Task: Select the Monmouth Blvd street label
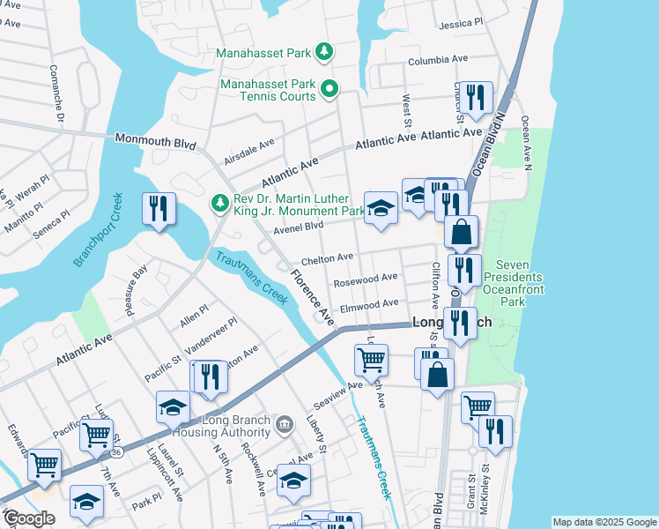(x=152, y=139)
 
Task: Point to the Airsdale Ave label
(x=249, y=147)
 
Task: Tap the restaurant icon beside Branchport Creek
(x=159, y=209)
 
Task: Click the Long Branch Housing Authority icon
(x=285, y=425)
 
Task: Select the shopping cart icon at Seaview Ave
(x=371, y=359)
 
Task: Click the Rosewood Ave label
(x=366, y=279)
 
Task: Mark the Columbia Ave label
(x=437, y=61)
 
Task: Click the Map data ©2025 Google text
(x=603, y=522)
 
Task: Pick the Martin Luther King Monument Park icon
(x=219, y=204)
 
